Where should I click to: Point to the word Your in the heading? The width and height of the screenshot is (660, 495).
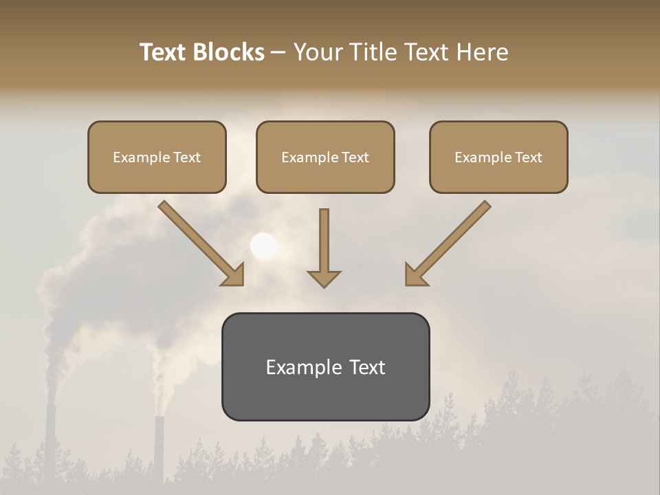pos(318,52)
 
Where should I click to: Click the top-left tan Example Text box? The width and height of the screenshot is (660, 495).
pos(157,157)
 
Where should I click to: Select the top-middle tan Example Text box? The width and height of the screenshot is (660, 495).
pos(325,157)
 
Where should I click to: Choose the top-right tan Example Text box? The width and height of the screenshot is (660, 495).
pos(498,157)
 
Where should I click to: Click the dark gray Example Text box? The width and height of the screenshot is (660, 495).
pos(325,367)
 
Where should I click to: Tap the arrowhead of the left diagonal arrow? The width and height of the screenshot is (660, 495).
pos(234,275)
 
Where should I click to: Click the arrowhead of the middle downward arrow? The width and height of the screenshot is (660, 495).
pos(324,278)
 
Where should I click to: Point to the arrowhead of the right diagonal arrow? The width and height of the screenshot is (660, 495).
pos(415,275)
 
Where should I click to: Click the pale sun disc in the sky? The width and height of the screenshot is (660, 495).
pos(263,245)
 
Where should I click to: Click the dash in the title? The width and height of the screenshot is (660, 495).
pos(278,52)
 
